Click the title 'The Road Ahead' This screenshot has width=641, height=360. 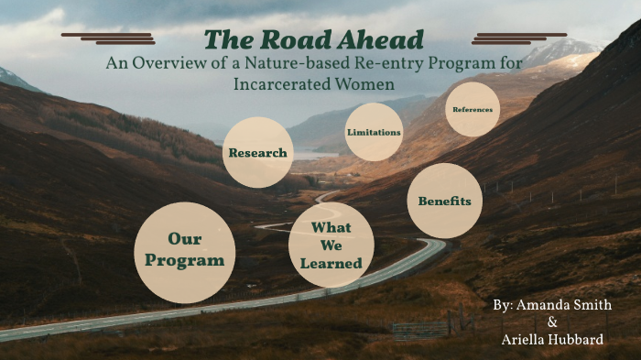coord(314,40)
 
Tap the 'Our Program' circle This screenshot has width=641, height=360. coord(184,252)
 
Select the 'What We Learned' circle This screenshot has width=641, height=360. coord(331,245)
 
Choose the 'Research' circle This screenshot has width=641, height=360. coord(258,153)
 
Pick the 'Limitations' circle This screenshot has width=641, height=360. coord(374,132)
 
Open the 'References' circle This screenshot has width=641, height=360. coord(473,110)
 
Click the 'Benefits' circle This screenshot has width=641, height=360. coord(444,201)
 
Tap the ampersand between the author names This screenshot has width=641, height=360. coord(551,322)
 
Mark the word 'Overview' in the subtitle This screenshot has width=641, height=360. coord(177,63)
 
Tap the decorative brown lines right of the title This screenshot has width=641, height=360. coord(519,38)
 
